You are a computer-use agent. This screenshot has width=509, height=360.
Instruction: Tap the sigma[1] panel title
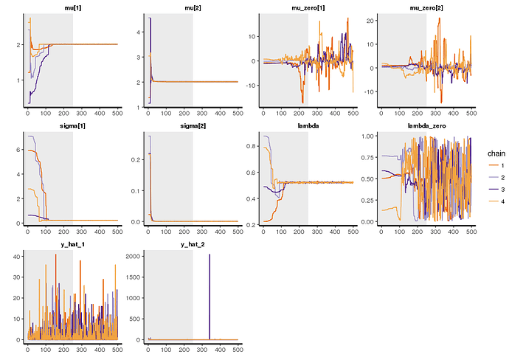(x=72, y=126)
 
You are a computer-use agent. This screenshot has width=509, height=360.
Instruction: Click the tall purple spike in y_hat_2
(x=210, y=295)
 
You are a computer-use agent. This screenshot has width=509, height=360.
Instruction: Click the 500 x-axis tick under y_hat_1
(x=117, y=350)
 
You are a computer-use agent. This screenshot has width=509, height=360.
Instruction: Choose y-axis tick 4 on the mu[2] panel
(x=137, y=32)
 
